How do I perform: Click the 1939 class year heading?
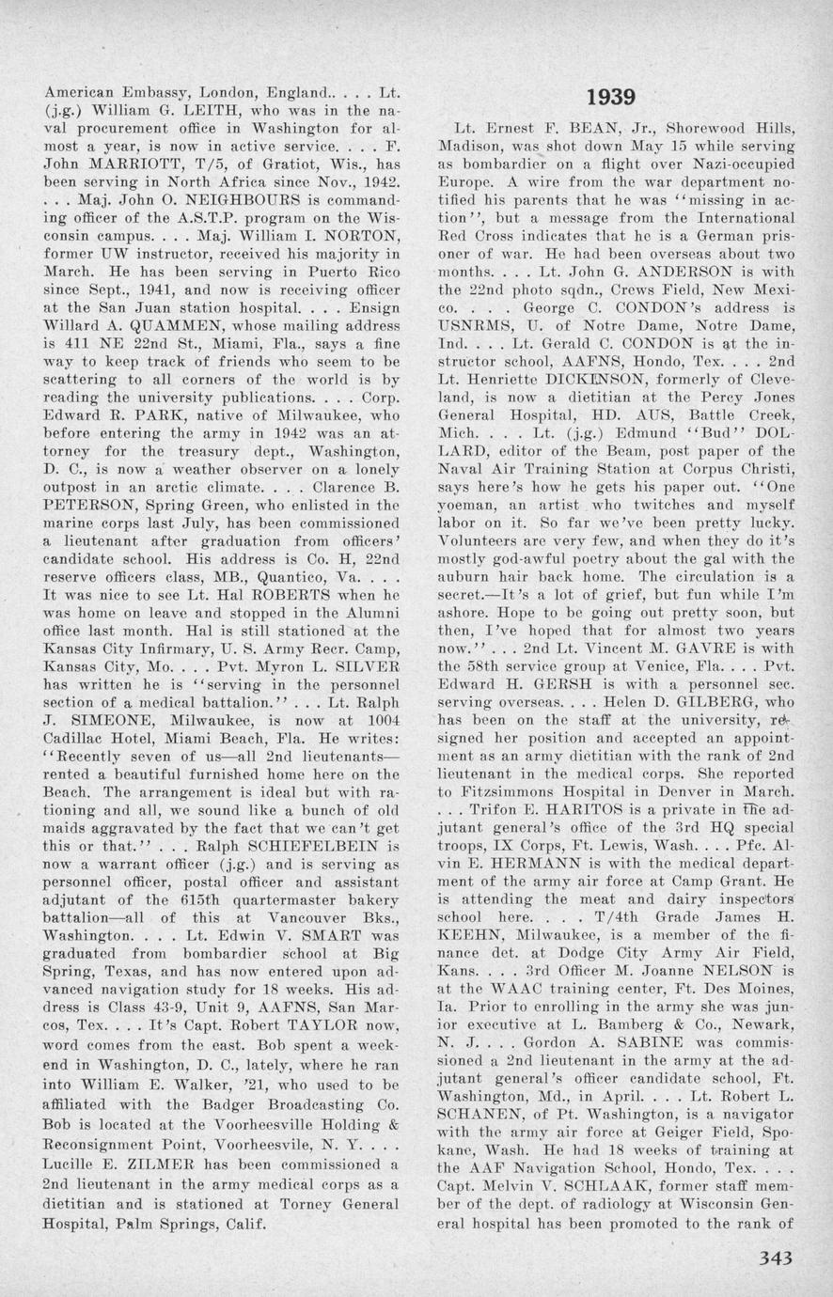point(610,97)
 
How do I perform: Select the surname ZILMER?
point(152,1164)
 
